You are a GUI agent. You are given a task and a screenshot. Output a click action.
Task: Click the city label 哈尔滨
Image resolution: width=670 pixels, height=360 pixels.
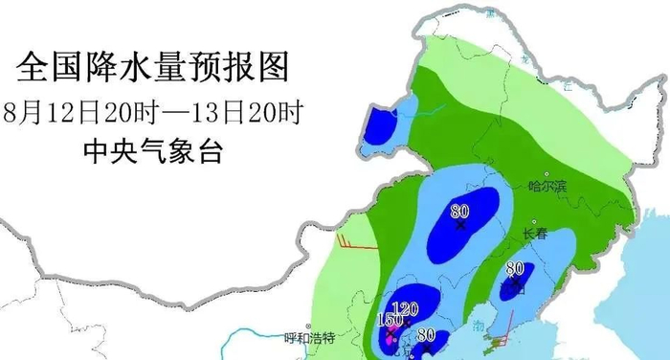click(x=547, y=187)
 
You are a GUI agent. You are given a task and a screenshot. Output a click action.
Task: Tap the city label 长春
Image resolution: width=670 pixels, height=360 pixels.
click(x=536, y=234)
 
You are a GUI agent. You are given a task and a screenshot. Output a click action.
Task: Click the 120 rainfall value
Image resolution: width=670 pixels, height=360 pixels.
click(x=407, y=308)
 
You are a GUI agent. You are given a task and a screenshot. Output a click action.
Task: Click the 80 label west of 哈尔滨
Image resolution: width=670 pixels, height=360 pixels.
click(x=460, y=213)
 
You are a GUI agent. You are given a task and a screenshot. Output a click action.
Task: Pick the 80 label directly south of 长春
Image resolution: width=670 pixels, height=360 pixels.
click(x=515, y=269)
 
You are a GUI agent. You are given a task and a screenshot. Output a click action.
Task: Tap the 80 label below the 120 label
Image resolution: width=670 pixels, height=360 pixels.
click(x=426, y=336)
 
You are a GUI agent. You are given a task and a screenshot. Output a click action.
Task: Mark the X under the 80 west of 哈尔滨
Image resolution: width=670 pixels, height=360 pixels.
click(x=460, y=227)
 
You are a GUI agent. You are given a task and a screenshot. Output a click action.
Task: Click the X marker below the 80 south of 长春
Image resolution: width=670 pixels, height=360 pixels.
click(x=517, y=283)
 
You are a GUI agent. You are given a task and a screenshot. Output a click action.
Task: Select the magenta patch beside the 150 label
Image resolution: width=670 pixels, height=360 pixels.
click(x=390, y=337)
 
